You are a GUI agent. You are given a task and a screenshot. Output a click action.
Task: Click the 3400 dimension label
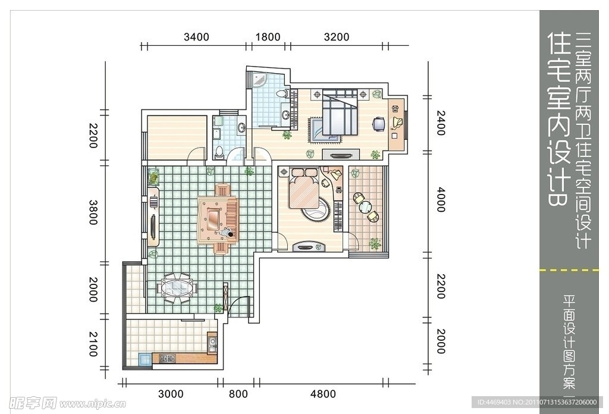click(196, 37)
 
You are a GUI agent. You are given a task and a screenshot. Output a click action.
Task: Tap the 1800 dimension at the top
click(268, 37)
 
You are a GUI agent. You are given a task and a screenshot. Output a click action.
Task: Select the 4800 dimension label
click(323, 394)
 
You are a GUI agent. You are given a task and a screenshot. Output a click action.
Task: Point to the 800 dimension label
click(238, 394)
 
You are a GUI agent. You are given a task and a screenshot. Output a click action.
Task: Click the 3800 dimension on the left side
click(93, 212)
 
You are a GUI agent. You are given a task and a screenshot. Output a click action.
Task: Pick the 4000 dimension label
click(441, 200)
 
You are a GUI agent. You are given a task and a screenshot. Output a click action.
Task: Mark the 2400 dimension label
click(441, 123)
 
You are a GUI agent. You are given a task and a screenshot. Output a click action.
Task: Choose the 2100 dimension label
click(93, 344)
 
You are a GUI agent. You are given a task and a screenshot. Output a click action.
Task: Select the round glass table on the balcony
click(365, 207)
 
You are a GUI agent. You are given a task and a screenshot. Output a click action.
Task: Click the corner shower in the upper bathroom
click(259, 80)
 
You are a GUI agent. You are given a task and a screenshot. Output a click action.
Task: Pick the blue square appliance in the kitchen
click(145, 359)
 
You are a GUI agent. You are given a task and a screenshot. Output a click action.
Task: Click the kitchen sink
click(212, 343)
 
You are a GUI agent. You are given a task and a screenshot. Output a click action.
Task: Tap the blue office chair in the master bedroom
click(379, 124)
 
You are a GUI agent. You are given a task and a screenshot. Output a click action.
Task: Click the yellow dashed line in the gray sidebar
click(569, 269)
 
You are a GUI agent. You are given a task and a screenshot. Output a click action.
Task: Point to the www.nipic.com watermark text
click(92, 404)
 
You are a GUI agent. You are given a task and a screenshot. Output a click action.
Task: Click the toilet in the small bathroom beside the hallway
click(219, 152)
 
